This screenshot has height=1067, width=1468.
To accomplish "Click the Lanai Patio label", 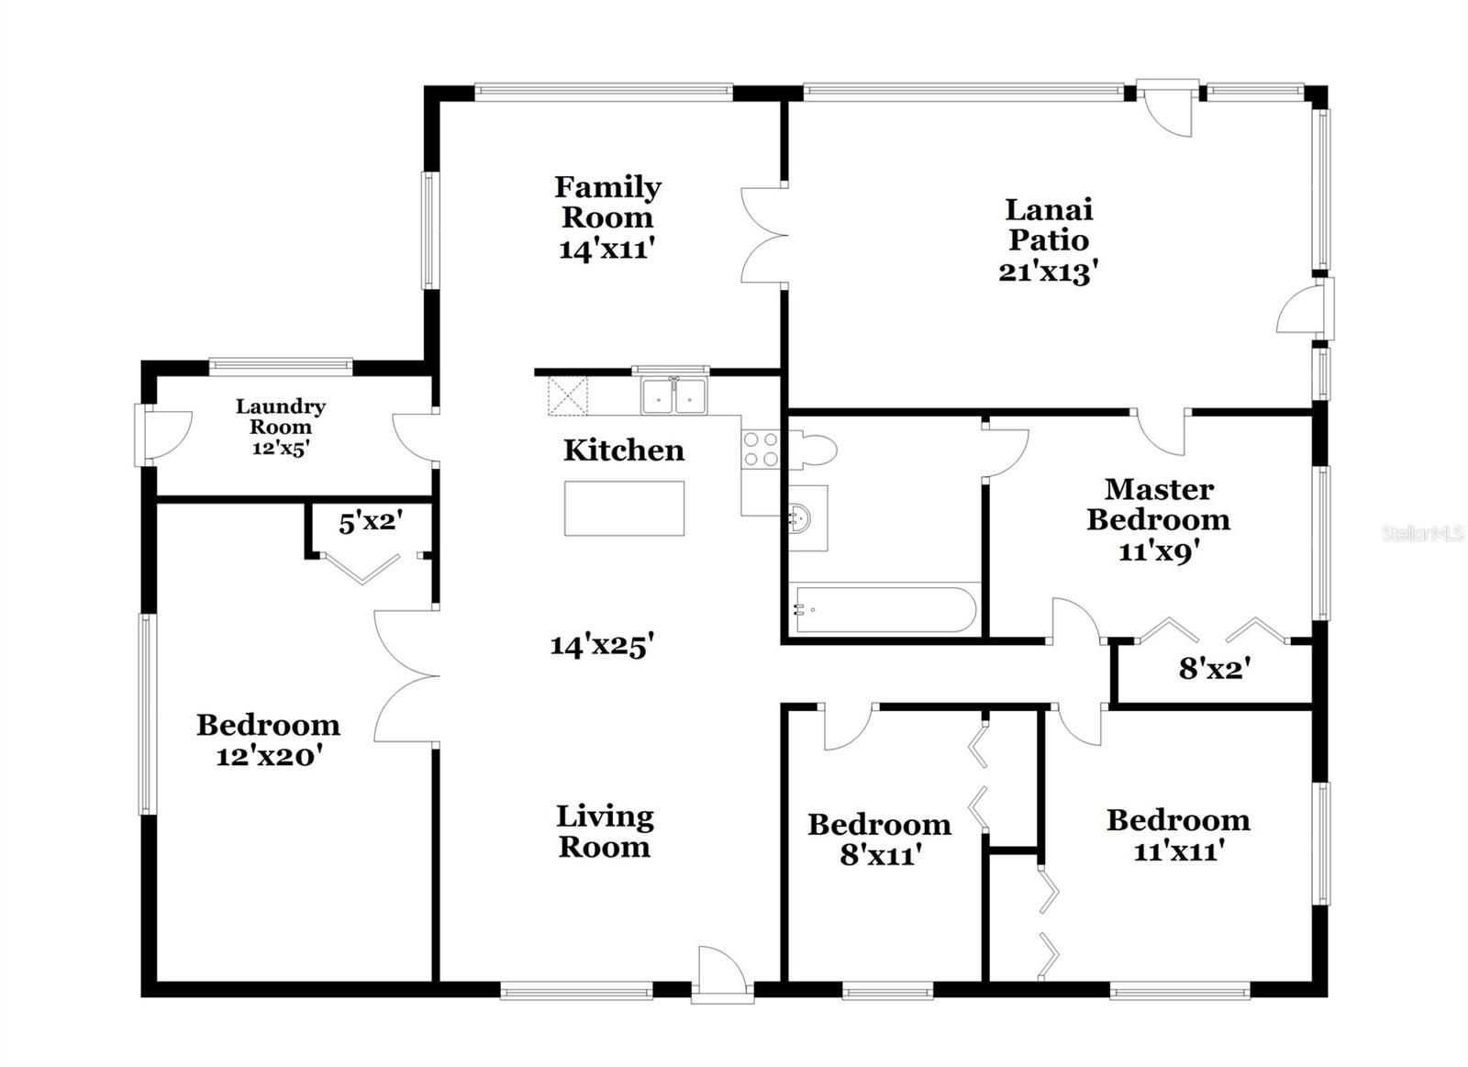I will pos(1049,225).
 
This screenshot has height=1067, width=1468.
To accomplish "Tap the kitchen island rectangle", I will pos(624,508).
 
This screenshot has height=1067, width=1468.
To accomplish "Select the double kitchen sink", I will pos(674,396).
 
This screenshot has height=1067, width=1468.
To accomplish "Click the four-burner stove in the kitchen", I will pos(760,450).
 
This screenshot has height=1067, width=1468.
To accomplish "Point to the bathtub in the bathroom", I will pos(884,609).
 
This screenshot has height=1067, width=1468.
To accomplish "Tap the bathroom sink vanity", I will pos(805,518).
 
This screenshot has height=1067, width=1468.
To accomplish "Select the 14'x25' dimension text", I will pos(601,645).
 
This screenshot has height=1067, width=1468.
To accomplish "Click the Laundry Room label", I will pos(281,417).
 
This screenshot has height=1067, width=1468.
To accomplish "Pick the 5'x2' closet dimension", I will pos(371,523).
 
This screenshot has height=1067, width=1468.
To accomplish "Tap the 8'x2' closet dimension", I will pos(1211,669).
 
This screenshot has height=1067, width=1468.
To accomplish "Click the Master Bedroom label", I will pos(1159,504).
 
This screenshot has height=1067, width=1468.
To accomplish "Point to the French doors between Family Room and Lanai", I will pos(763,235).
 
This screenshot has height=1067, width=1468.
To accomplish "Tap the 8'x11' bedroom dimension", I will pos(880,855).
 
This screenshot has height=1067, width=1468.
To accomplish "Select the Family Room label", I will pos(606,202).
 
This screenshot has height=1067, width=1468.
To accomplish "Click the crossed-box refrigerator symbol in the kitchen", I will pos(567,395).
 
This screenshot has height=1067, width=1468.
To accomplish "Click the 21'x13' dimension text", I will pos(1049,272).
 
